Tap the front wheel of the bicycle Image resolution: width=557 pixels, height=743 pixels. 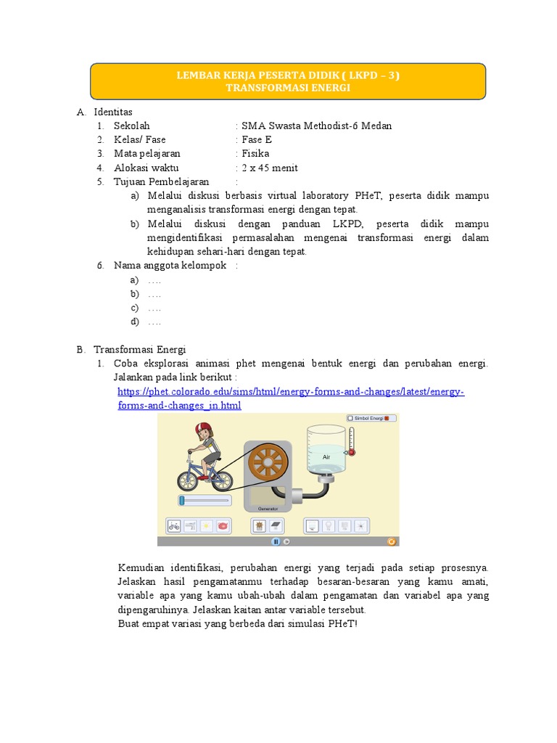point(218,479)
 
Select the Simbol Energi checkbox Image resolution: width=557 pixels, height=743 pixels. point(350,418)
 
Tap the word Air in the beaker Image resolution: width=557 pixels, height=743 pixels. point(326,457)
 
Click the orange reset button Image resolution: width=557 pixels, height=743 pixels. point(392,541)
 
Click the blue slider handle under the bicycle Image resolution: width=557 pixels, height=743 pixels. point(182,500)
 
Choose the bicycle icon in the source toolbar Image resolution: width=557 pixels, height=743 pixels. point(174,525)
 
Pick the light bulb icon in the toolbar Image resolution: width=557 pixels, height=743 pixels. point(328,525)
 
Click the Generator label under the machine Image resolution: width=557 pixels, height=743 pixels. point(268,509)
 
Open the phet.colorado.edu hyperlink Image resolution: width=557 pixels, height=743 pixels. point(290,392)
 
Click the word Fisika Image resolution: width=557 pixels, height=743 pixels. point(255,154)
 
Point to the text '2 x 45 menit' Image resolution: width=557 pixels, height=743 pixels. point(269,168)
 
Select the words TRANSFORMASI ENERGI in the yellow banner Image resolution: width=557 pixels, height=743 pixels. point(287,88)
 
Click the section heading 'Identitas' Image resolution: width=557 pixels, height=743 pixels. point(113,112)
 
